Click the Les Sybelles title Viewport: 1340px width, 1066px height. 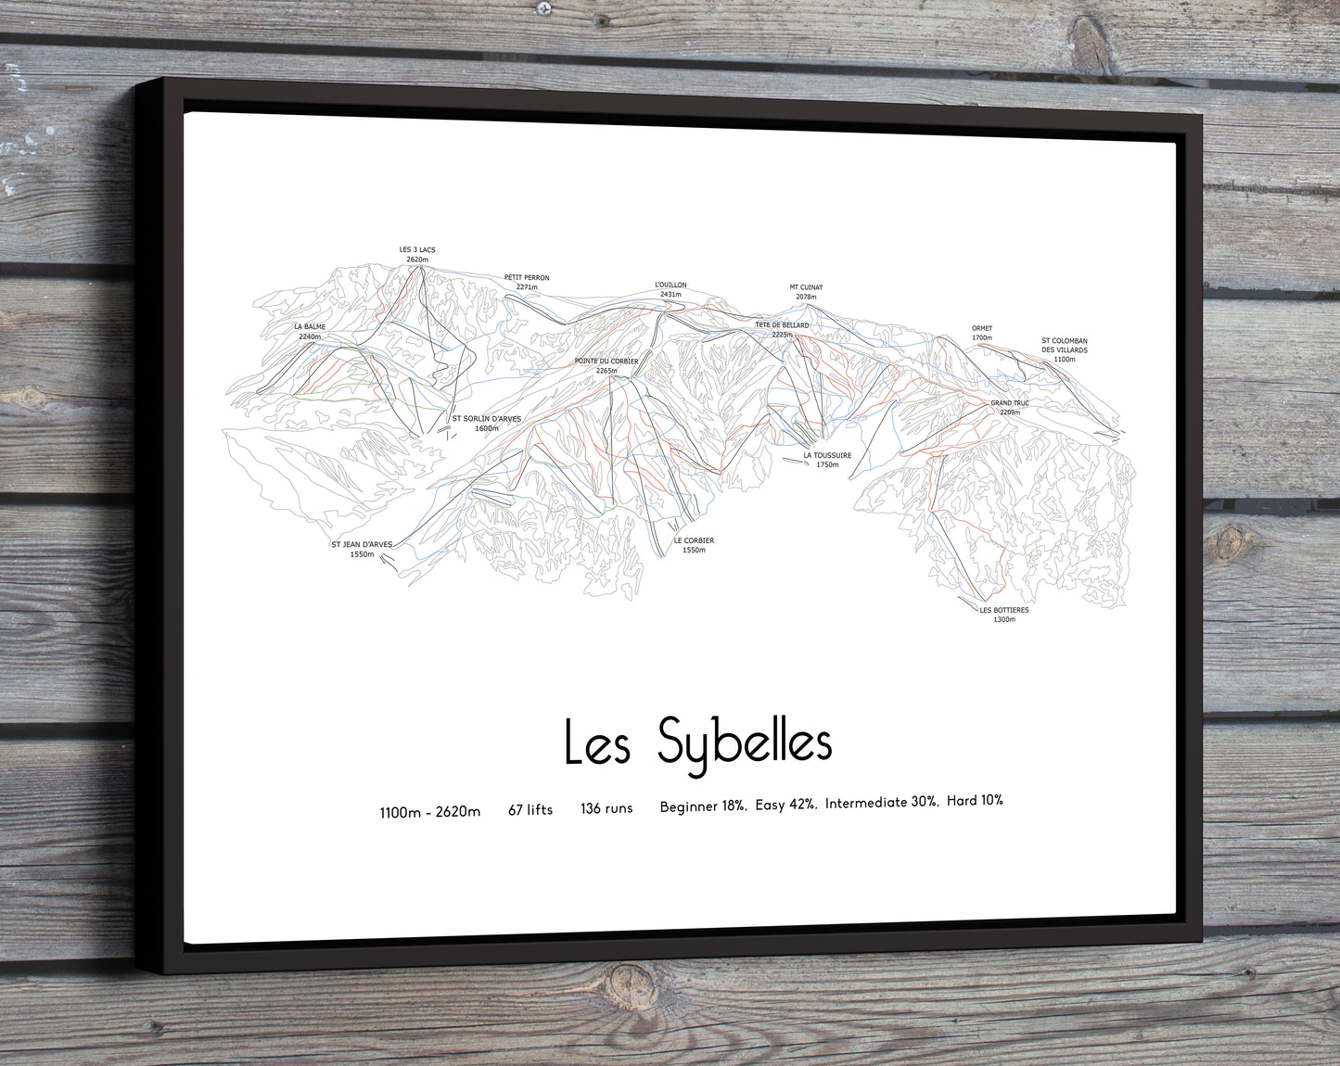pyautogui.click(x=697, y=742)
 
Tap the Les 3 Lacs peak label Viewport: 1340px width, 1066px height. pyautogui.click(x=417, y=254)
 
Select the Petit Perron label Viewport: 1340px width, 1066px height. pyautogui.click(x=527, y=282)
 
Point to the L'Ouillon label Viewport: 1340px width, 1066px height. pyautogui.click(x=670, y=289)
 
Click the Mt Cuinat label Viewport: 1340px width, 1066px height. pyautogui.click(x=806, y=292)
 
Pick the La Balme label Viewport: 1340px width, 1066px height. pyautogui.click(x=310, y=331)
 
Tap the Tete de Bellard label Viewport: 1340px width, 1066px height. pyautogui.click(x=782, y=329)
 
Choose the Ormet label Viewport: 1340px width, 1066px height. pyautogui.click(x=982, y=333)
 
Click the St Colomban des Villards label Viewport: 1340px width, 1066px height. pyautogui.click(x=1065, y=349)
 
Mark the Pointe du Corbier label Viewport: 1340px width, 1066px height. pyautogui.click(x=606, y=365)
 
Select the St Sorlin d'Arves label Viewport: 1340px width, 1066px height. pyautogui.click(x=487, y=424)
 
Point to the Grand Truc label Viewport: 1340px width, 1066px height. pyautogui.click(x=1010, y=407)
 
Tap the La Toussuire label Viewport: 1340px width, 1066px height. pyautogui.click(x=827, y=460)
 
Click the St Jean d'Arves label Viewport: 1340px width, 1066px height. pyautogui.click(x=362, y=549)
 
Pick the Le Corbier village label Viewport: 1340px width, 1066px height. pyautogui.click(x=694, y=545)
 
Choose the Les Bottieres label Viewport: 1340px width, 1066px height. pyautogui.click(x=1004, y=614)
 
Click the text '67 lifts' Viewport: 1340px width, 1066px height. pyautogui.click(x=530, y=810)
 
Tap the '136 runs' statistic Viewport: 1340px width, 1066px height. pyautogui.click(x=606, y=808)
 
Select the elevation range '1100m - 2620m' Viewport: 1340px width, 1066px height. pyautogui.click(x=430, y=812)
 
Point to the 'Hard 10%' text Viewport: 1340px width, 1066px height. pyautogui.click(x=975, y=800)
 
